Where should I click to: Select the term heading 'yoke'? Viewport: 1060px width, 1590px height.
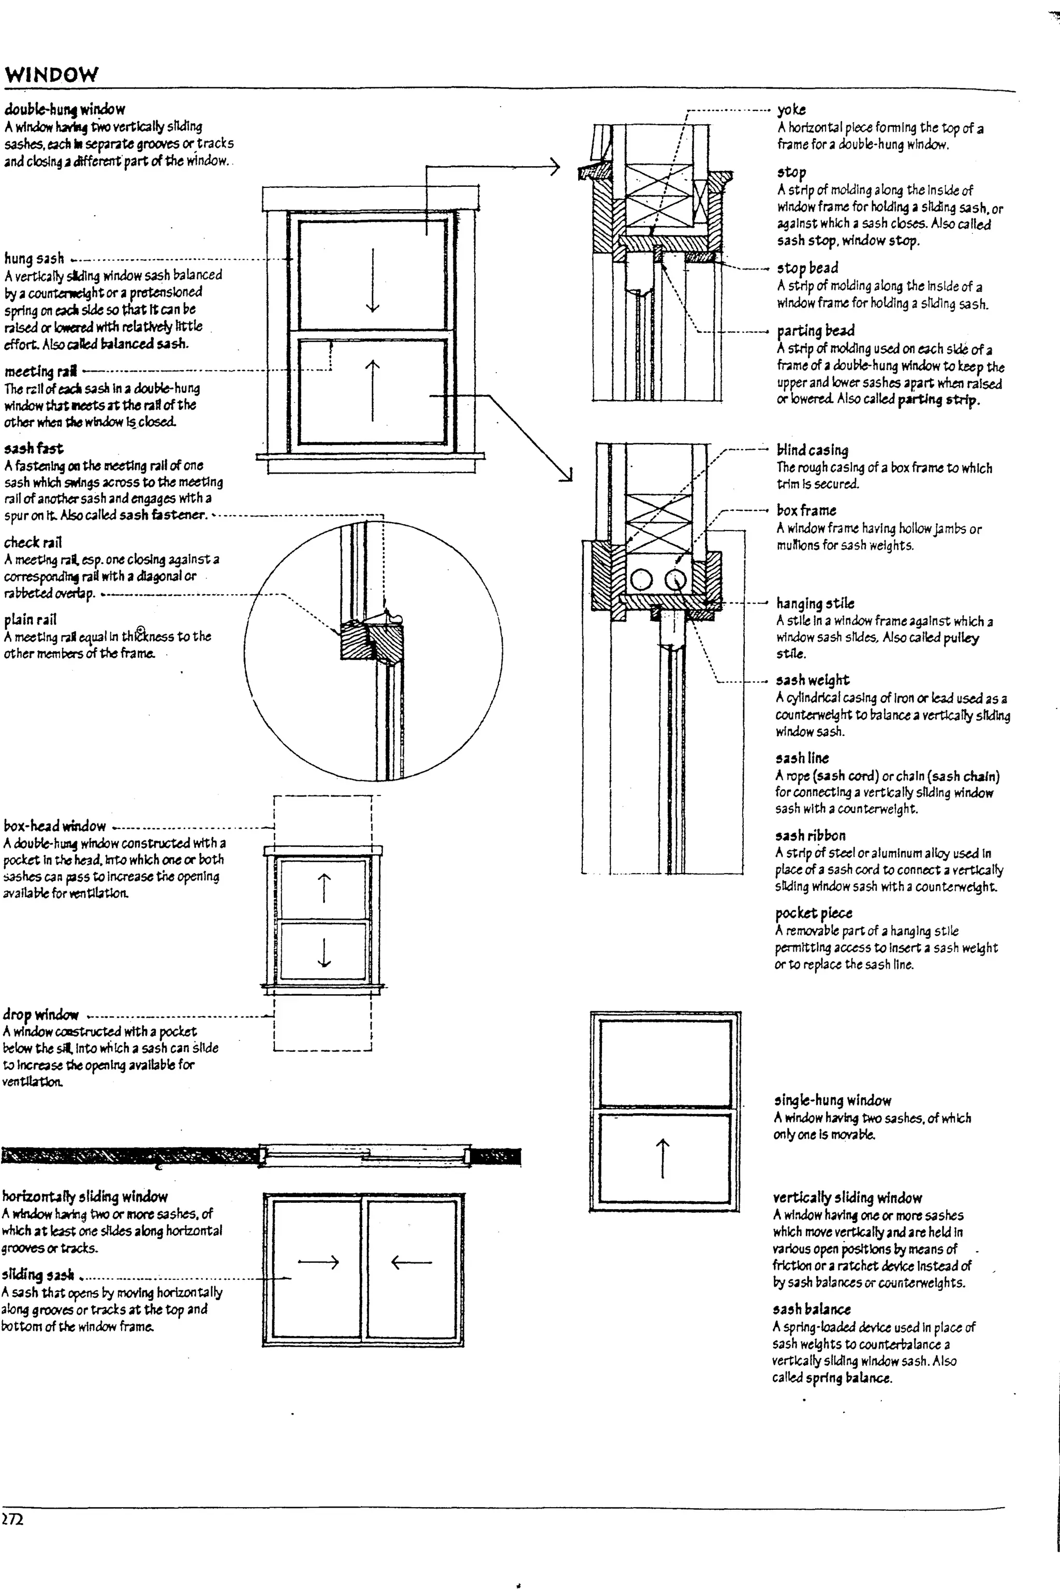click(x=791, y=110)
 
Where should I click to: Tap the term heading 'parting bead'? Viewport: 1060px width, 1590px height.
click(x=815, y=331)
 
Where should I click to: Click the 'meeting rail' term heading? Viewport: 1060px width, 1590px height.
click(x=40, y=371)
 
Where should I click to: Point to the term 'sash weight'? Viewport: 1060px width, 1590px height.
click(x=812, y=680)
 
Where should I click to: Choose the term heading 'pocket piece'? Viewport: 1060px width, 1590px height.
click(x=813, y=914)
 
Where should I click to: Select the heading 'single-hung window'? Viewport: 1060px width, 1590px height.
click(x=833, y=1100)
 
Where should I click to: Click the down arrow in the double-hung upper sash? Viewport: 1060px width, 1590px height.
click(x=373, y=280)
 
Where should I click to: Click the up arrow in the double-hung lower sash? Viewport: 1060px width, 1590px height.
click(x=373, y=390)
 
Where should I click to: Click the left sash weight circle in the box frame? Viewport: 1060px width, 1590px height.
click(x=641, y=579)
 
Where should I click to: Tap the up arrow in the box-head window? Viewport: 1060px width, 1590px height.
click(x=325, y=888)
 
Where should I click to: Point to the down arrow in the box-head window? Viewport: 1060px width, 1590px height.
click(x=325, y=951)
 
